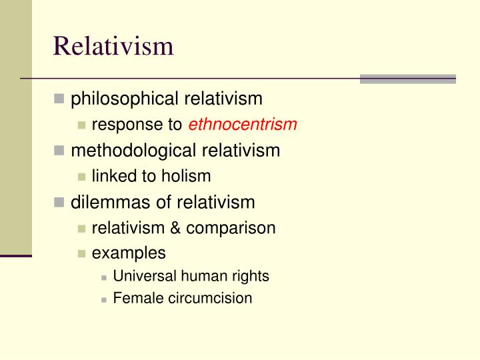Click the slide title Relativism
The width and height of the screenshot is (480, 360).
[113, 46]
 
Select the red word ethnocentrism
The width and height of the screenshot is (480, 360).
[243, 125]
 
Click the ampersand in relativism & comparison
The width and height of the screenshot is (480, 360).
[175, 228]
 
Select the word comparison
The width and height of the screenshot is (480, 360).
[231, 229]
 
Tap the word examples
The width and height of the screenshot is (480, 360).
[129, 254]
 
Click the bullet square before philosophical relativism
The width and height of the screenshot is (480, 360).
[59, 100]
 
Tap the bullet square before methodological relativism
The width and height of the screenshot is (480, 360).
[59, 151]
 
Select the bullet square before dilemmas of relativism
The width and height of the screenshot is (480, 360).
[59, 203]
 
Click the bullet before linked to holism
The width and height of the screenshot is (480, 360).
[81, 177]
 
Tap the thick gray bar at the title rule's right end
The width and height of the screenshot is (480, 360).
[407, 79]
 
